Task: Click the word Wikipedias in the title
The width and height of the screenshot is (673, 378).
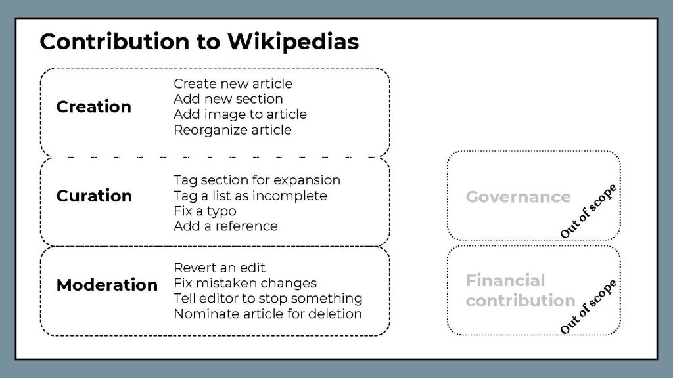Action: pyautogui.click(x=293, y=41)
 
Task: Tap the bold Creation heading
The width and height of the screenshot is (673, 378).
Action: pyautogui.click(x=93, y=107)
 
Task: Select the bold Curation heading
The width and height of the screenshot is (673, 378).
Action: pyautogui.click(x=94, y=196)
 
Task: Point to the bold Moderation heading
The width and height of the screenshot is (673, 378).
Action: pyautogui.click(x=107, y=285)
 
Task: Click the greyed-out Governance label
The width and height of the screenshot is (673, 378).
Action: pyautogui.click(x=519, y=197)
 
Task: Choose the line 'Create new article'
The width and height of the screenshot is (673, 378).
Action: pyautogui.click(x=233, y=83)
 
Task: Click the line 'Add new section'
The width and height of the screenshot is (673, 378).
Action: pyautogui.click(x=228, y=99)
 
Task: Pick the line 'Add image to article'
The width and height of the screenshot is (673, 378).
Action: pyautogui.click(x=241, y=114)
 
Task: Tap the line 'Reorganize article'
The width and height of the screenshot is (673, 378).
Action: pyautogui.click(x=233, y=130)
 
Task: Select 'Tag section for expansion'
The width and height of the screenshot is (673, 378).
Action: pyautogui.click(x=257, y=180)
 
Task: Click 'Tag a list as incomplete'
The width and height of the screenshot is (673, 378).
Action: pyautogui.click(x=250, y=196)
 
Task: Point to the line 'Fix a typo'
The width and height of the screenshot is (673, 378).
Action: pyautogui.click(x=205, y=211)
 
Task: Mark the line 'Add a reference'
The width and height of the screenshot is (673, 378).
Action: pyautogui.click(x=226, y=226)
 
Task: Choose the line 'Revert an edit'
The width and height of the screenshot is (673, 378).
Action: pyautogui.click(x=220, y=268)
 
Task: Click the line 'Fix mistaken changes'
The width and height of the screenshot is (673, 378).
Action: pyautogui.click(x=245, y=283)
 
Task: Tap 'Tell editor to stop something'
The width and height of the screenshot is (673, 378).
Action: pyautogui.click(x=268, y=299)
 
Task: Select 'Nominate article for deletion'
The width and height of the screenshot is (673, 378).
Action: pyautogui.click(x=268, y=314)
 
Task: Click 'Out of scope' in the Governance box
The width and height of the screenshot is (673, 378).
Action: pyautogui.click(x=588, y=211)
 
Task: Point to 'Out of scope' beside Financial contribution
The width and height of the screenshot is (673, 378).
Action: pyautogui.click(x=588, y=306)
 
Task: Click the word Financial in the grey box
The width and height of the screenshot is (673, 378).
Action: pyautogui.click(x=505, y=281)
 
